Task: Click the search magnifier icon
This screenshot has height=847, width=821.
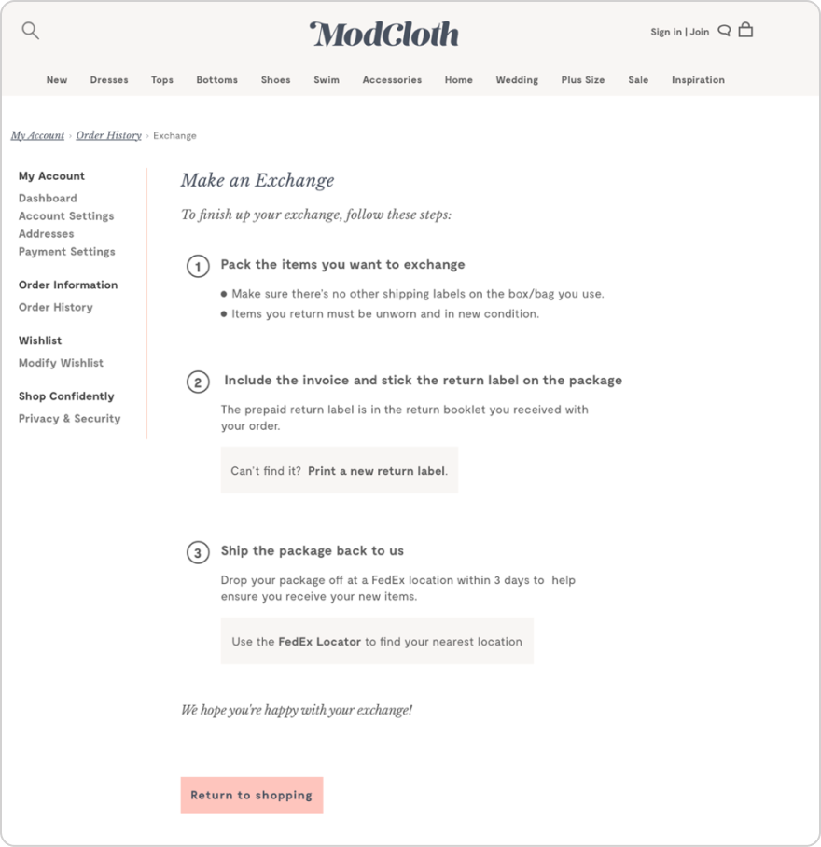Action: click(31, 31)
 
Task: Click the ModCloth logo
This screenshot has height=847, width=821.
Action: click(384, 35)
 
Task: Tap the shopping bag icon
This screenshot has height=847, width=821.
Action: click(745, 30)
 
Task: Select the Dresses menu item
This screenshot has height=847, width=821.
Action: click(109, 80)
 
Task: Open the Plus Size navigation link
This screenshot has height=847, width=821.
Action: click(583, 80)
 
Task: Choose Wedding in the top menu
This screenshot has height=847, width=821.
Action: click(517, 80)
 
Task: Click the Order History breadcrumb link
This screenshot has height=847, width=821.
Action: click(109, 135)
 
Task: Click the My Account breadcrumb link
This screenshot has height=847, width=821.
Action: click(37, 135)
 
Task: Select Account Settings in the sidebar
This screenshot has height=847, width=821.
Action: click(66, 215)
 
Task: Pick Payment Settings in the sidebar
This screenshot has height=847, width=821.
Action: click(67, 251)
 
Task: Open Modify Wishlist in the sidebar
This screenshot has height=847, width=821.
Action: click(61, 363)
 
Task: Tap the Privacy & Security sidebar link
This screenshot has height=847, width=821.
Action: click(70, 419)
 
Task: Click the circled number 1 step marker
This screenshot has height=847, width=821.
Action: click(198, 267)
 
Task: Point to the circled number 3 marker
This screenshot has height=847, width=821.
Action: click(198, 553)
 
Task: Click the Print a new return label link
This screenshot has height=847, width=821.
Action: click(377, 471)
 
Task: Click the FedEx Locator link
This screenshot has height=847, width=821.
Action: click(319, 642)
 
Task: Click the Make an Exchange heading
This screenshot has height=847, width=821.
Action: click(257, 181)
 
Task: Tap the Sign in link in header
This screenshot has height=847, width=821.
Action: click(665, 32)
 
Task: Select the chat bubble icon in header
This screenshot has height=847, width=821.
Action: click(724, 31)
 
